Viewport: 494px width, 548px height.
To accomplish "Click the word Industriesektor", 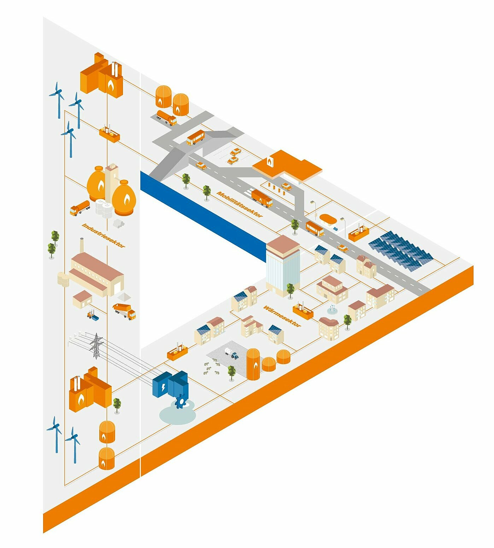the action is pos(104,235).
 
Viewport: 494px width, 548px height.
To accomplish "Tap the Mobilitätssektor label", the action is pos(240,204).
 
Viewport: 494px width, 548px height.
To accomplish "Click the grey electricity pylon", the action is pos(96,346).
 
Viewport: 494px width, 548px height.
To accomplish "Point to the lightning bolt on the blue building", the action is pos(163,387).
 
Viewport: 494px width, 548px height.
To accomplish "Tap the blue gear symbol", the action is pos(181,401).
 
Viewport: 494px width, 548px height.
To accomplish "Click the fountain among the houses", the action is pos(331,310).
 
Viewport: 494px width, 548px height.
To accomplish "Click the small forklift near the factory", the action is pos(93,315).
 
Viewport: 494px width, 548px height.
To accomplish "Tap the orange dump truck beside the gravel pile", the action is pos(124,311).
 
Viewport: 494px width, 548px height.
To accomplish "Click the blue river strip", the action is pos(203,216).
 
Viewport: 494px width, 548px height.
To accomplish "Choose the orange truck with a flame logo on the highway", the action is pos(262,198).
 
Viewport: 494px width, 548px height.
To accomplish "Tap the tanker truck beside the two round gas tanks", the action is pos(166,117).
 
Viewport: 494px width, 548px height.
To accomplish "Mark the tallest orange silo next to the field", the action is pos(253,364).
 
